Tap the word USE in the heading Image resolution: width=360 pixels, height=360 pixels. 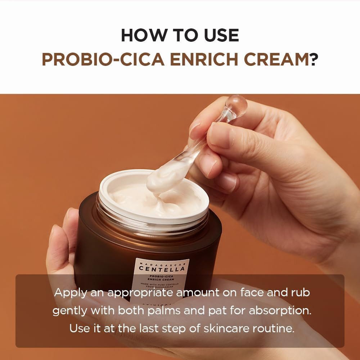tap(220, 35)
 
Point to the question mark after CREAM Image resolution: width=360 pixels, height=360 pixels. tap(313, 60)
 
